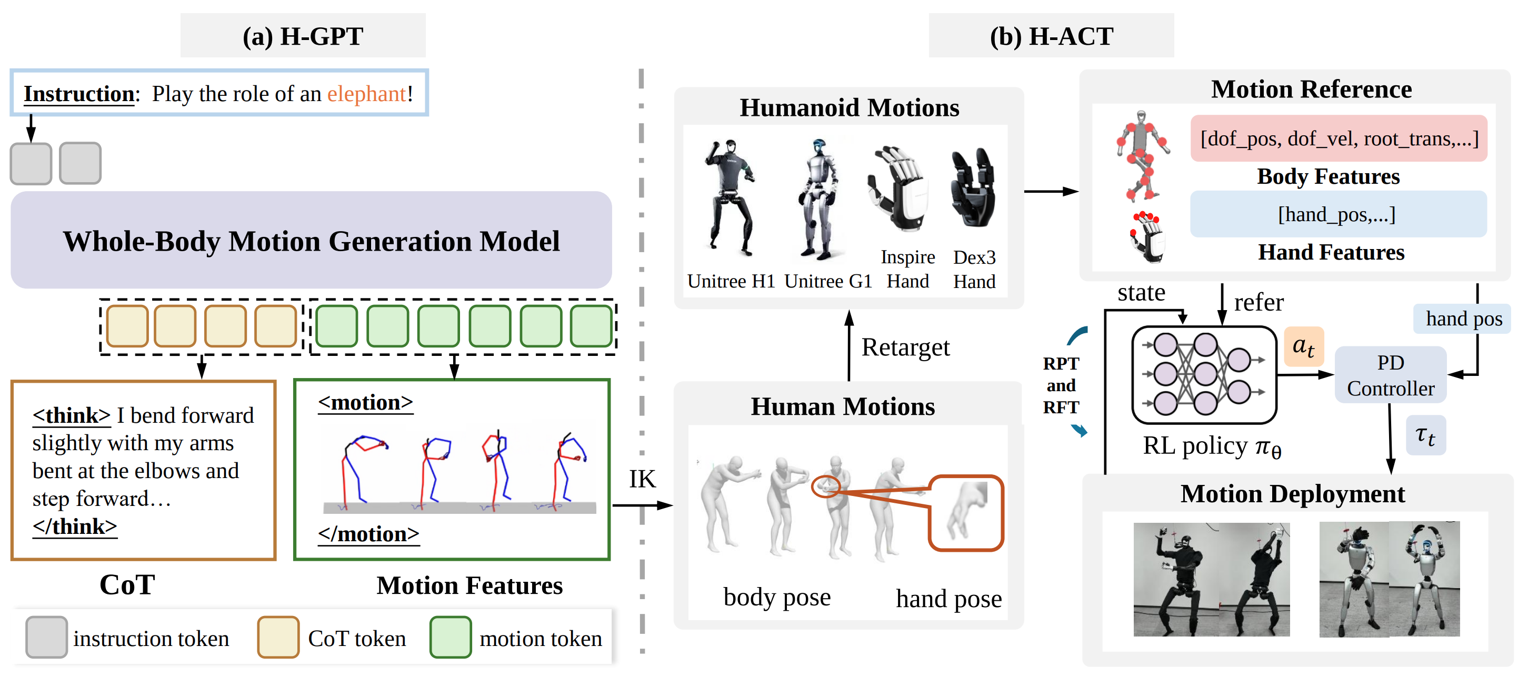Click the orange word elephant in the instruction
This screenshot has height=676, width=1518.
click(366, 94)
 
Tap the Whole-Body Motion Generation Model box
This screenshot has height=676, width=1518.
click(311, 241)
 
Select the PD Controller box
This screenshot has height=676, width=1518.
click(1390, 375)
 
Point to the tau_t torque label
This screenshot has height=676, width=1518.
click(1425, 436)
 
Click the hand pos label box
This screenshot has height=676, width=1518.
click(1463, 319)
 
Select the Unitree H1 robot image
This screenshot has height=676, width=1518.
click(730, 197)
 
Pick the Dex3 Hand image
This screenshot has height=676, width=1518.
click(974, 188)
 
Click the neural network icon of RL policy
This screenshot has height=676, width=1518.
click(1204, 375)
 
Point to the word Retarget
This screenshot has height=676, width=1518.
click(905, 347)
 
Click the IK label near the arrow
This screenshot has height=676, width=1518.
click(642, 479)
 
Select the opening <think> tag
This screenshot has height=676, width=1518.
click(71, 415)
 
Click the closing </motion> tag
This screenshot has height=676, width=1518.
click(368, 534)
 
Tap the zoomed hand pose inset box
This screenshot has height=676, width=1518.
click(966, 513)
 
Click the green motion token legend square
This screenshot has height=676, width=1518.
click(450, 637)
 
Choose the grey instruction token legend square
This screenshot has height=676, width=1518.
click(46, 637)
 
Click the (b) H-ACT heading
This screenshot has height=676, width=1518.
click(1051, 36)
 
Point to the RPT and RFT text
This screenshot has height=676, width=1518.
click(1061, 385)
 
